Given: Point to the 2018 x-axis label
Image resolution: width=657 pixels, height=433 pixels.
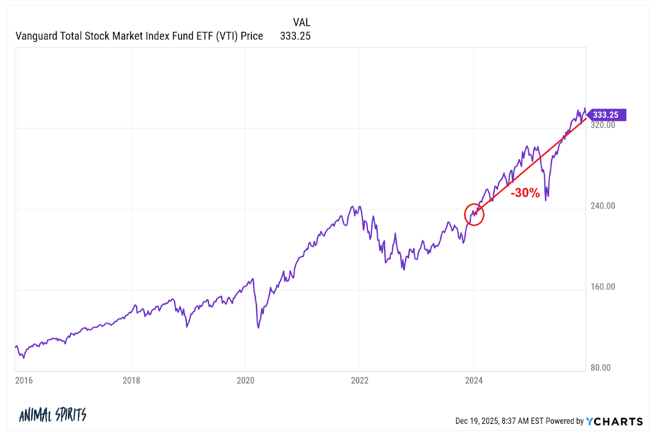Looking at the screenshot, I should tap(131, 380).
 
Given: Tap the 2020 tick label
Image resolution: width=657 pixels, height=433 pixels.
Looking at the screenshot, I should tap(245, 380).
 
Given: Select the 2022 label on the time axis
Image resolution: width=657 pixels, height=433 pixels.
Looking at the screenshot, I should tap(359, 380).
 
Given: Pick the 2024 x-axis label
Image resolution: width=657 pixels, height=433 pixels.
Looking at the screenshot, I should tap(474, 380).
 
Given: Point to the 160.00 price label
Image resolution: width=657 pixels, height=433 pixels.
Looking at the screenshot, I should tap(603, 287).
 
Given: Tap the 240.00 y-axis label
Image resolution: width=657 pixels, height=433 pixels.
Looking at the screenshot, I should tap(603, 206).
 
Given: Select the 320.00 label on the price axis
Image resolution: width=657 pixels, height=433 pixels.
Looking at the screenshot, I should tap(603, 125).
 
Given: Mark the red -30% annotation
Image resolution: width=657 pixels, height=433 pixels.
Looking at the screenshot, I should tap(525, 193).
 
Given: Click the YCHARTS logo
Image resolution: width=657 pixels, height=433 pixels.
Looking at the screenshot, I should tap(615, 421).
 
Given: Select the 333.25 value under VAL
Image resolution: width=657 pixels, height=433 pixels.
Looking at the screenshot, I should tap(295, 36).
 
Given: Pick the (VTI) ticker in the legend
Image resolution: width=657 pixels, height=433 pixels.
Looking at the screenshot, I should tap(220, 36).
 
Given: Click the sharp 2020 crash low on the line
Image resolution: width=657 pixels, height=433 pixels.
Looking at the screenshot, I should tap(258, 327).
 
